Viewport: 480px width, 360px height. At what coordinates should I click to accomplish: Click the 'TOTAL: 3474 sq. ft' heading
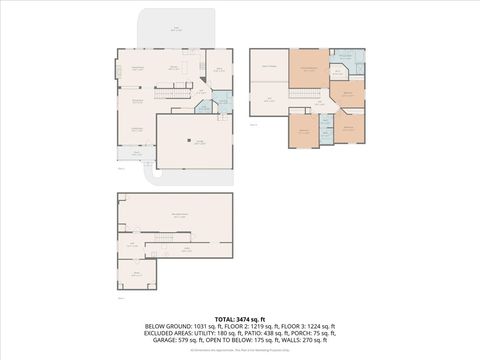pyautogui.click(x=240, y=318)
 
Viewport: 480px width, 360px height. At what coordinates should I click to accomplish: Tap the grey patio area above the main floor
pyautogui.click(x=176, y=29)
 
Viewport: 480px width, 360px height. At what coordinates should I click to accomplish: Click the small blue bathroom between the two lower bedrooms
pyautogui.click(x=326, y=124)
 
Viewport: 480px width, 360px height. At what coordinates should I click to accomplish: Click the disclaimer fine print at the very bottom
pyautogui.click(x=240, y=351)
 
